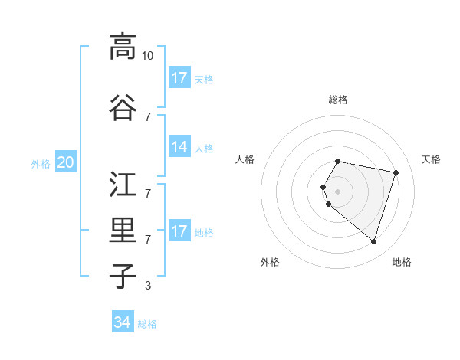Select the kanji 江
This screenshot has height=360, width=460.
(x=123, y=185)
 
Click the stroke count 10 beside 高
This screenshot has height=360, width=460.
(x=148, y=56)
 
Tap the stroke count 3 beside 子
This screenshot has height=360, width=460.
(x=148, y=286)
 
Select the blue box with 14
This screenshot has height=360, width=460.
(x=179, y=147)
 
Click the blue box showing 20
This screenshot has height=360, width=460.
(x=66, y=162)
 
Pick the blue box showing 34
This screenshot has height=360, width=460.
(x=123, y=322)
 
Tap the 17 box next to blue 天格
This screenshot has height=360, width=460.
(x=179, y=78)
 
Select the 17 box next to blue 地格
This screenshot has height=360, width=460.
(x=179, y=231)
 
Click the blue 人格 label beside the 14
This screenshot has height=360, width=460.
(x=204, y=149)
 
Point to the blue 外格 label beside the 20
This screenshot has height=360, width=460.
(x=41, y=163)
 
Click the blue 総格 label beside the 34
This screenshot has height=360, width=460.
(x=147, y=324)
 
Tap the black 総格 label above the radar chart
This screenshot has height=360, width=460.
(x=337, y=100)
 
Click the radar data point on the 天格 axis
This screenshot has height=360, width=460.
(x=396, y=173)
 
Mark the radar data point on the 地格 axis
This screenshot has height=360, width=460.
(x=373, y=242)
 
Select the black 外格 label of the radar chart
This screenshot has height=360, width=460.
(x=270, y=262)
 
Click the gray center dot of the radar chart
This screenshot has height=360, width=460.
(x=337, y=191)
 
